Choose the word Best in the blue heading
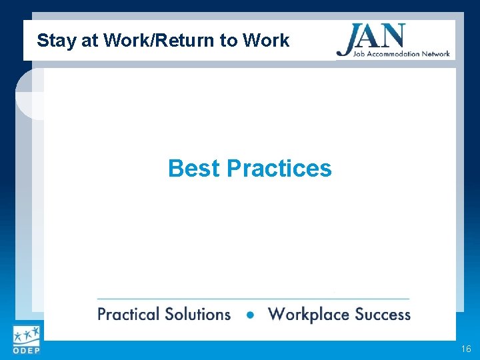point(194,169)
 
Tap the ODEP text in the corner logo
point(25,351)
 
